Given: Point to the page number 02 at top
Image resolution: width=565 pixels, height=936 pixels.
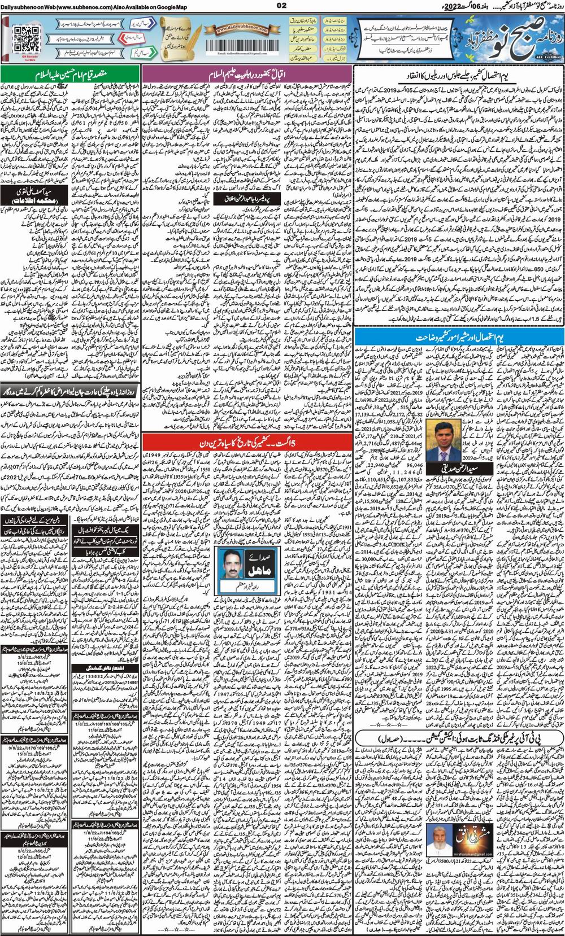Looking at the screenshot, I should [x=281, y=5].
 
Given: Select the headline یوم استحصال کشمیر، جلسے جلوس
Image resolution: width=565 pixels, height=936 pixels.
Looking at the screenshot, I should [x=458, y=74].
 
